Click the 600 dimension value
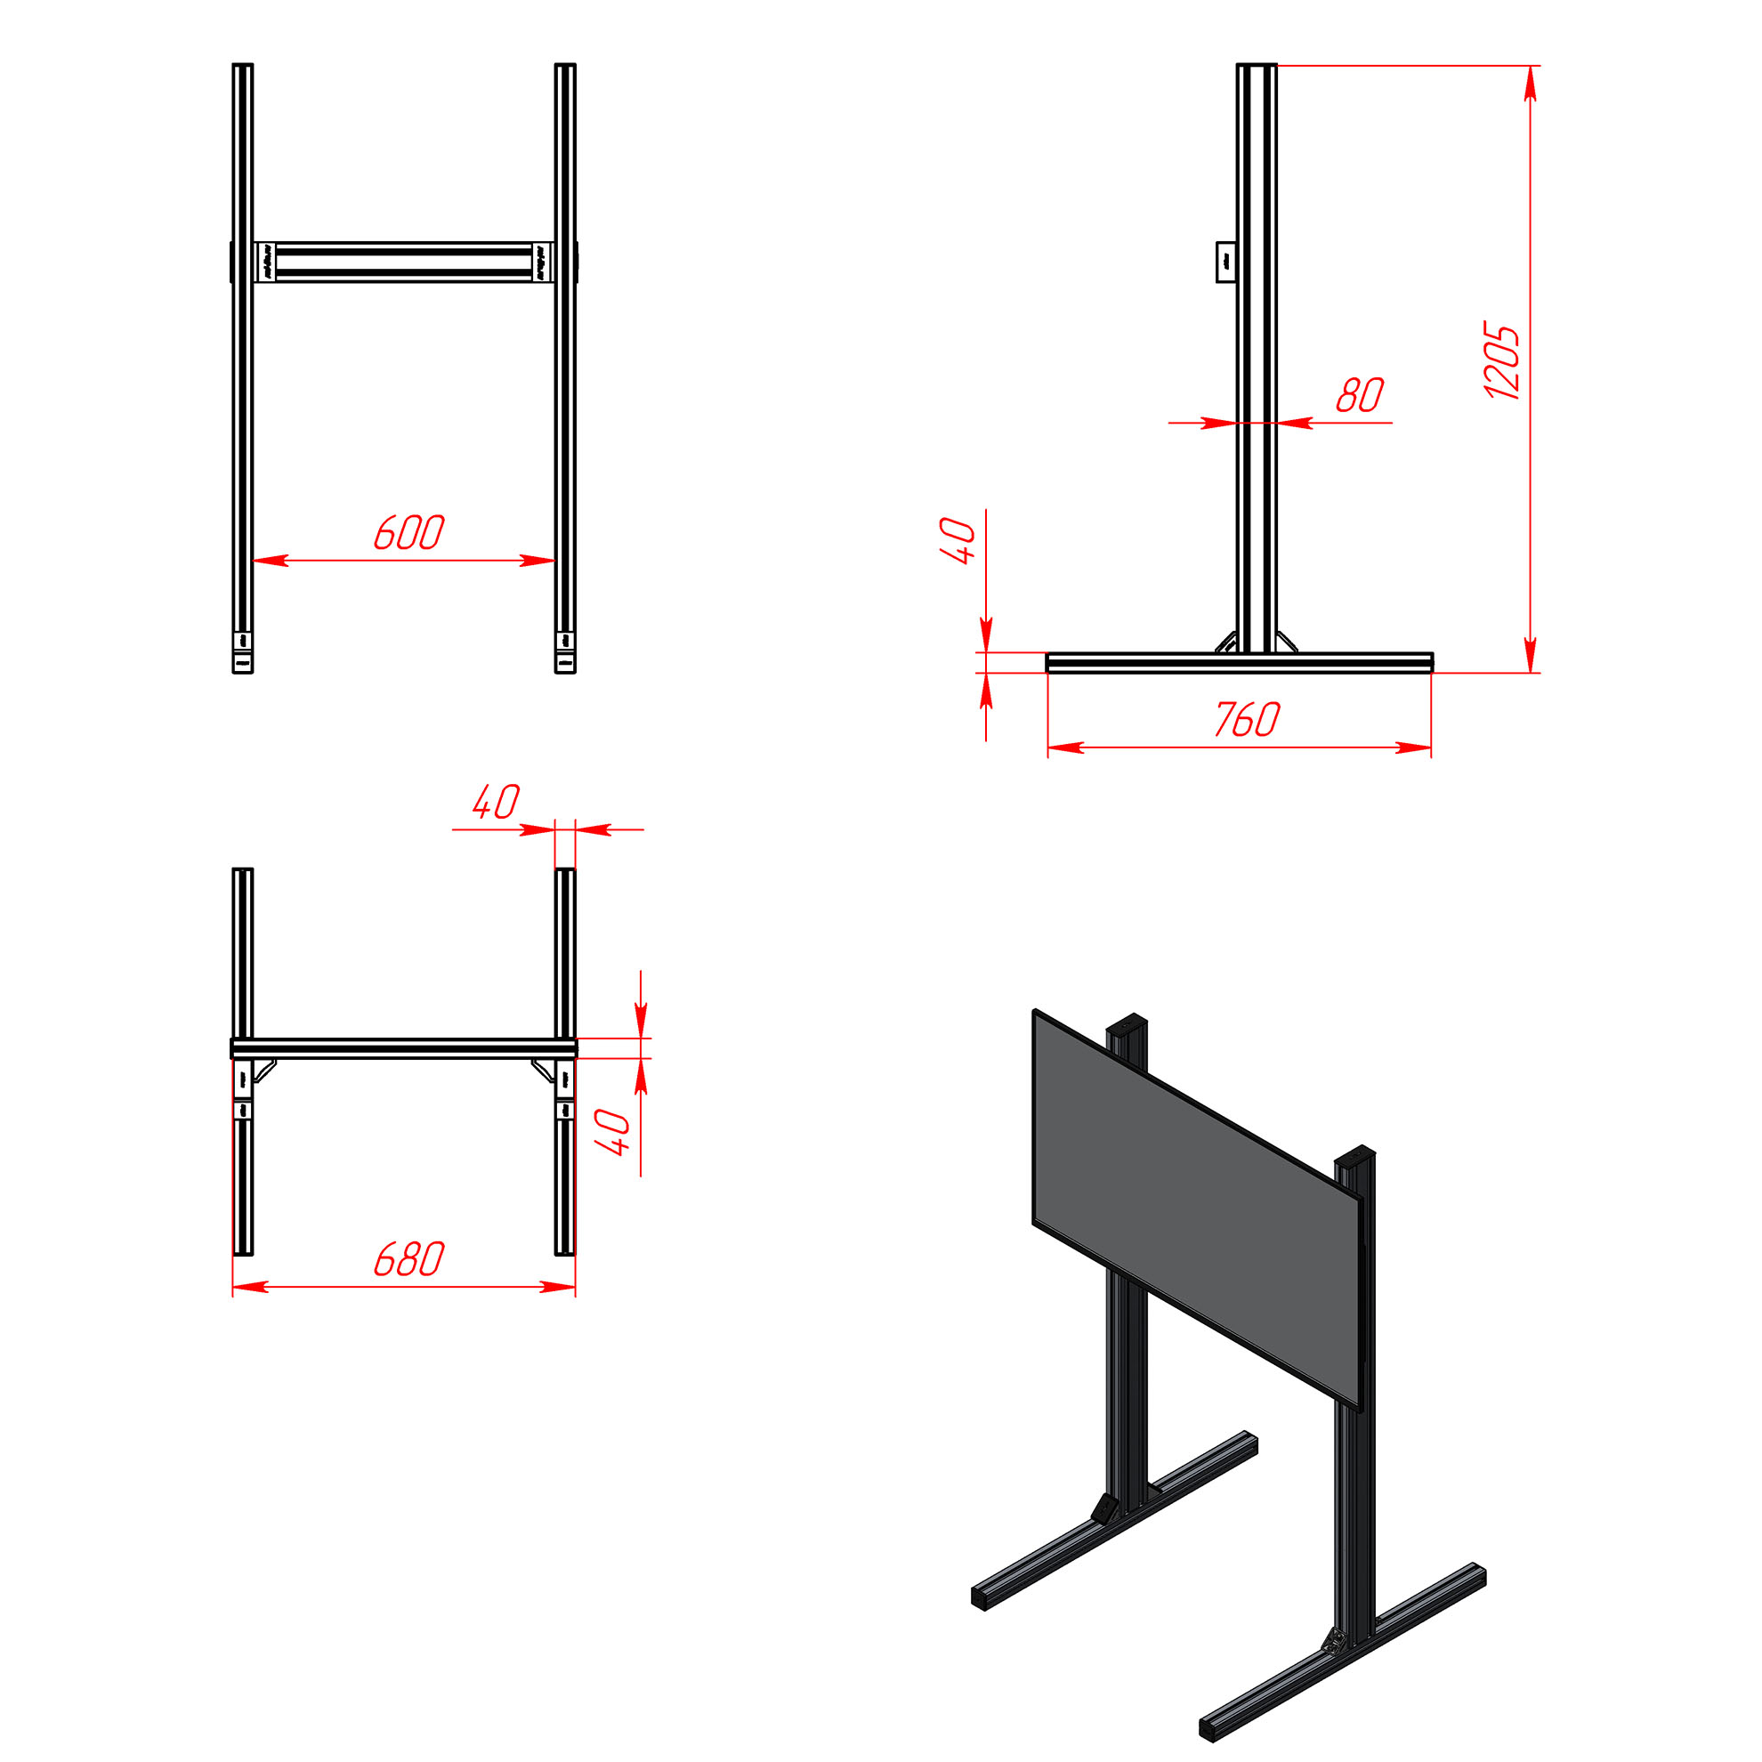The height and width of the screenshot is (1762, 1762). (x=408, y=533)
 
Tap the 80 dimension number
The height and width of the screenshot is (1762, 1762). (x=1360, y=395)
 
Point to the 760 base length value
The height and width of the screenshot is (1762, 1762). (x=1247, y=720)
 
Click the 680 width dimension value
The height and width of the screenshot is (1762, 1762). (x=408, y=1259)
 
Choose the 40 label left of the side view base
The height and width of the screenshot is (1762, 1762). (x=958, y=541)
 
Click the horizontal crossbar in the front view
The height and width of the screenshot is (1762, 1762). (x=404, y=263)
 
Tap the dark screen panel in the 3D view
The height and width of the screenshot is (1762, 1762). (x=1197, y=1208)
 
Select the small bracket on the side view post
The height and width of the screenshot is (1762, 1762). (x=1226, y=262)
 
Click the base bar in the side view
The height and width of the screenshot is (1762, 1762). (x=1240, y=663)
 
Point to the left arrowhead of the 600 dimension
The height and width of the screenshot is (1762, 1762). (x=271, y=560)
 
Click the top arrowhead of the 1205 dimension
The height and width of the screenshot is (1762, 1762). (x=1531, y=83)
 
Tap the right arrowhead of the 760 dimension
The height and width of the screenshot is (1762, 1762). (x=1414, y=748)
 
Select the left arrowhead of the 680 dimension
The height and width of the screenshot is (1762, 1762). (x=251, y=1287)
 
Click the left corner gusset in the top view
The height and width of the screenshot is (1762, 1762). (x=264, y=1070)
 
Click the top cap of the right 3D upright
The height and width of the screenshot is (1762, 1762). (x=1354, y=1153)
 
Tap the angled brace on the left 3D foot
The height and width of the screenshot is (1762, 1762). (x=1106, y=1509)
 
